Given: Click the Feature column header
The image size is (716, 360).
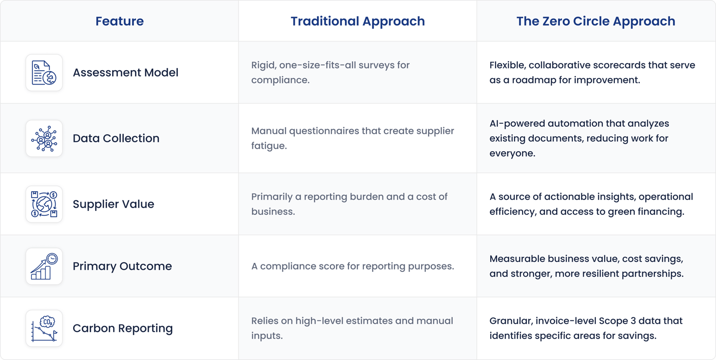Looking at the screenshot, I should tap(119, 21).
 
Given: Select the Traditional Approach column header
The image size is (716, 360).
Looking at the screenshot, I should tap(357, 21).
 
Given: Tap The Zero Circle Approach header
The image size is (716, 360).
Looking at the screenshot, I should tap(595, 21).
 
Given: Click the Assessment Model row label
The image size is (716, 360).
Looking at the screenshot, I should tap(125, 73).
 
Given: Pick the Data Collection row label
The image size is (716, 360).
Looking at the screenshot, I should tap(116, 138).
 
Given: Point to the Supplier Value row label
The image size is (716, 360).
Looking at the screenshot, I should tap(113, 204).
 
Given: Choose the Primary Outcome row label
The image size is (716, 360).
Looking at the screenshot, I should tap(122, 266).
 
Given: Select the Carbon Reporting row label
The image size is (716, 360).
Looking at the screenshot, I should tap(123, 328).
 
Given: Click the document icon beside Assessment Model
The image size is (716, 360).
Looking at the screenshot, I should tap(44, 73).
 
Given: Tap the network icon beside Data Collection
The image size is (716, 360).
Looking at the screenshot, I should tap(44, 139).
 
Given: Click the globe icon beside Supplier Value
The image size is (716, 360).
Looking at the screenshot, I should tap(44, 204).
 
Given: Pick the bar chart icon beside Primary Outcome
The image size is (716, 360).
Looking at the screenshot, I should tap(44, 266).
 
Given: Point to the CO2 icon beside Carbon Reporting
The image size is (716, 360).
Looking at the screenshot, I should tap(44, 328).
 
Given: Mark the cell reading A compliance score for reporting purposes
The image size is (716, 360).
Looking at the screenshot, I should tap(352, 266).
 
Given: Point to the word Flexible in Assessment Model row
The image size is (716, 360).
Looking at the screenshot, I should tap(507, 65).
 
